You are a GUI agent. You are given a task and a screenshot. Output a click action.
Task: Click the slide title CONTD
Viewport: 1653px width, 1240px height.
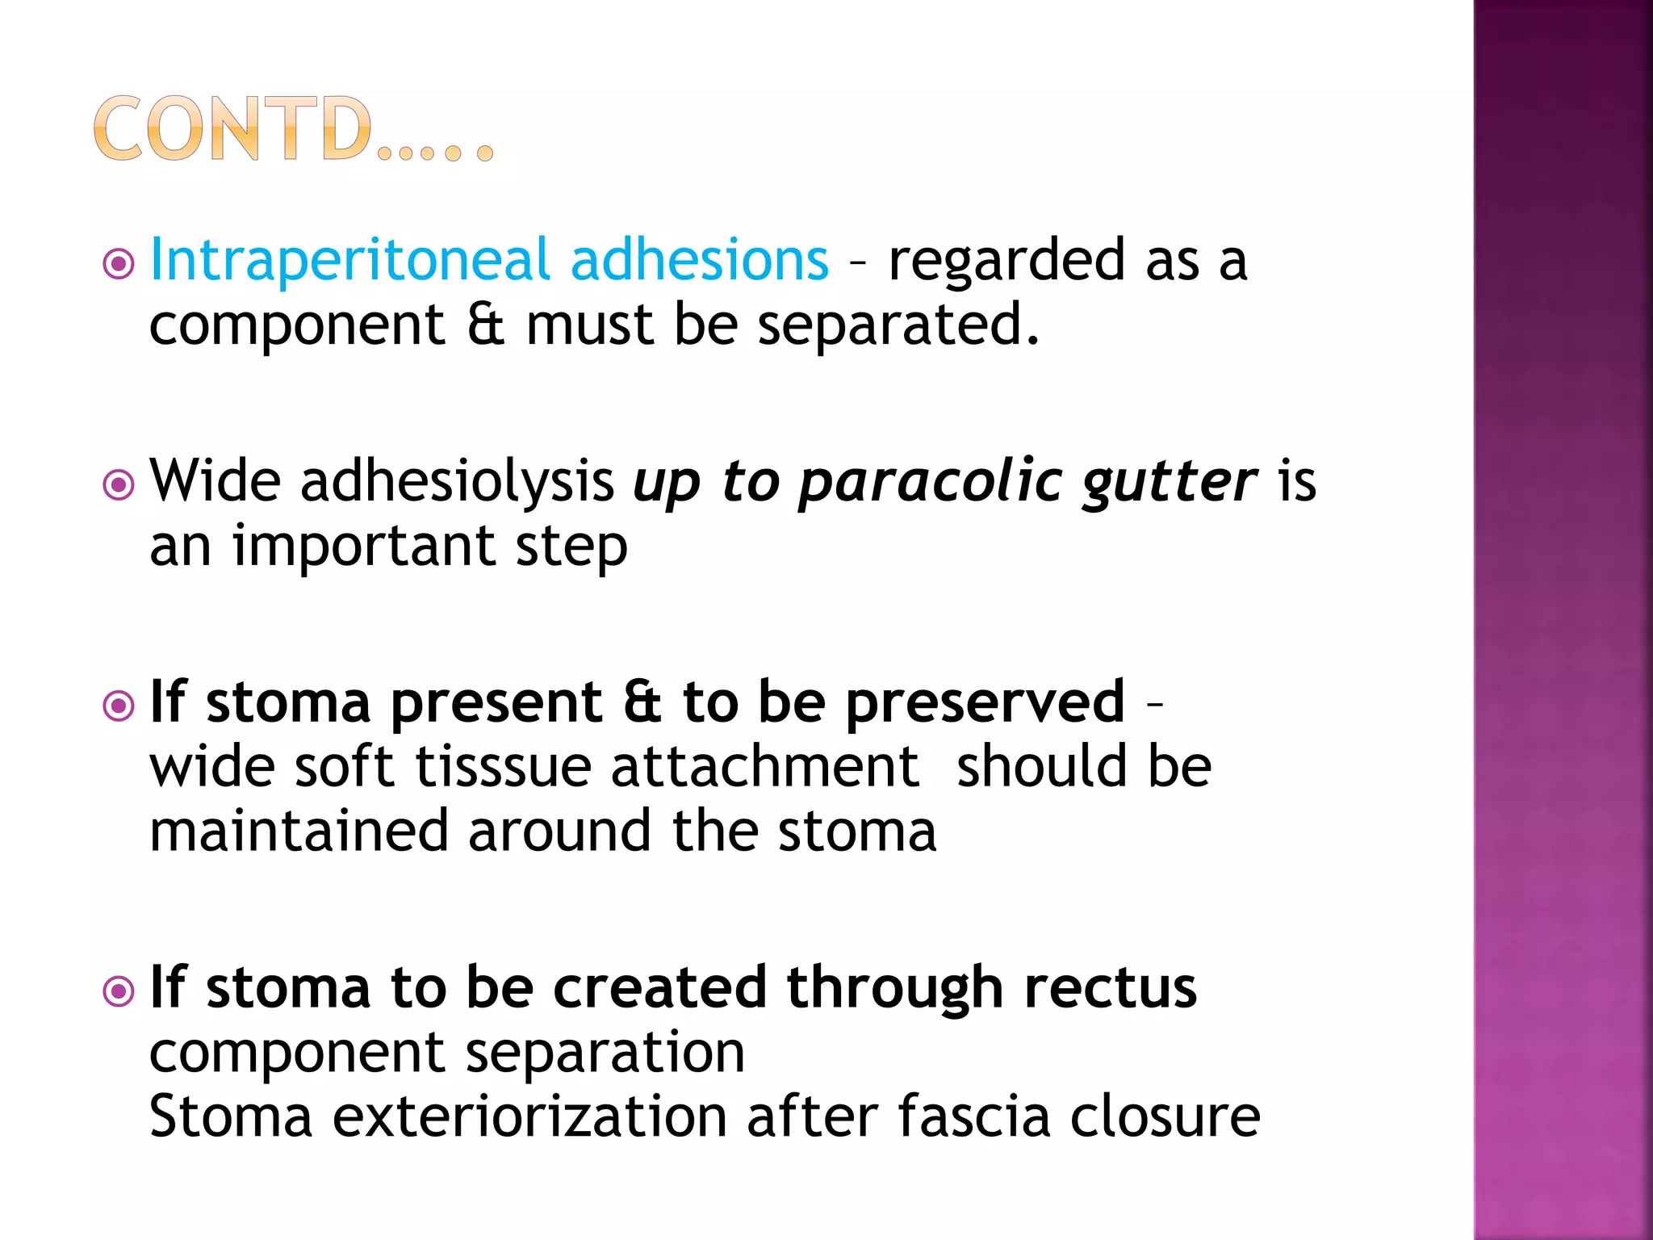click(292, 129)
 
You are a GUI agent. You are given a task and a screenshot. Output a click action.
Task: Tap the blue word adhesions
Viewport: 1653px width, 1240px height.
click(699, 260)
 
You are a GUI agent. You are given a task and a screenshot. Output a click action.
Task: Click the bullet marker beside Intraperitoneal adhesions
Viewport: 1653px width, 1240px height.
click(119, 264)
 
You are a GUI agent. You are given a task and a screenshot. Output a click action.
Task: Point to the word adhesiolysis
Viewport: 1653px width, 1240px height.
click(457, 482)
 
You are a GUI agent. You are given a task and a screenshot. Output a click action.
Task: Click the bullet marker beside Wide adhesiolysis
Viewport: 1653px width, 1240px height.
click(119, 485)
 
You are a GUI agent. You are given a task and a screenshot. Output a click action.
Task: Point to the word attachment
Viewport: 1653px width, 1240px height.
click(765, 767)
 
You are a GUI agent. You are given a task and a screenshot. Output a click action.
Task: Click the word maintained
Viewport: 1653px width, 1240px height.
click(299, 832)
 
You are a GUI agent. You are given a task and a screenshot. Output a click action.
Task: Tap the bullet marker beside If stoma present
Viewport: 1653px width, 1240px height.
click(119, 706)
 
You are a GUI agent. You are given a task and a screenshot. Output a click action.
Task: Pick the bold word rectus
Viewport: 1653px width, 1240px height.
click(1111, 987)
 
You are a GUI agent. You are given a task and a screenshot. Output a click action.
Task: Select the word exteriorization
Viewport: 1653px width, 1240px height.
click(529, 1117)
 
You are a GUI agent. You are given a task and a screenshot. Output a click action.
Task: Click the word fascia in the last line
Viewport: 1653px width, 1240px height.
click(973, 1117)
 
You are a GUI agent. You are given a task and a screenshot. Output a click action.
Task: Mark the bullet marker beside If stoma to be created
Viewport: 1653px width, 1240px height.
click(119, 991)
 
